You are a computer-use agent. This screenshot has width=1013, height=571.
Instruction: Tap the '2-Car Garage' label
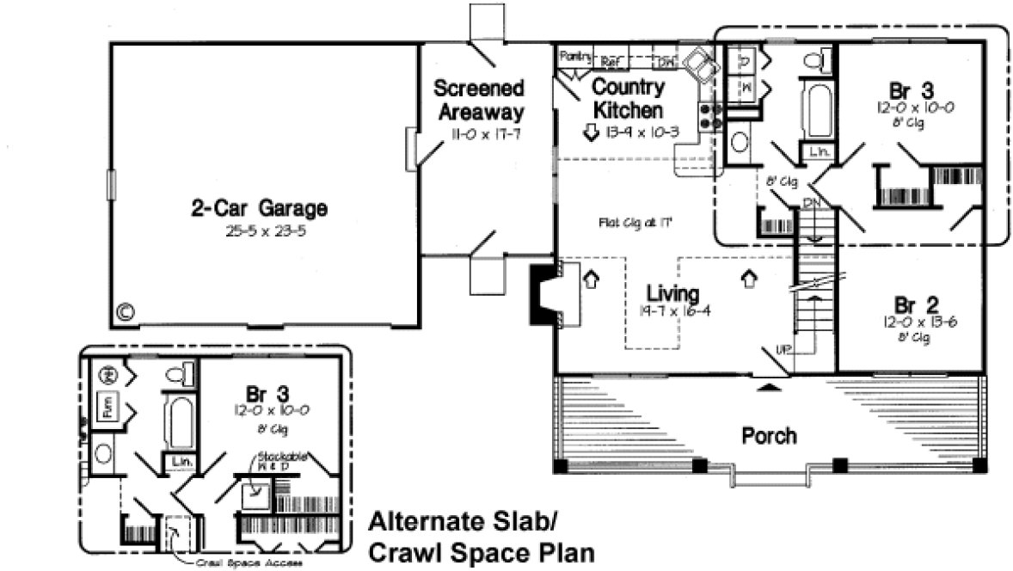click(259, 209)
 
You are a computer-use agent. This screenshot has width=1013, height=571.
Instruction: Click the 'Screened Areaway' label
click(479, 99)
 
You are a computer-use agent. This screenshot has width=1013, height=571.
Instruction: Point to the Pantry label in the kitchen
click(575, 57)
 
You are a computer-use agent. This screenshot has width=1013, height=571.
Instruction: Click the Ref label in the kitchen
click(611, 61)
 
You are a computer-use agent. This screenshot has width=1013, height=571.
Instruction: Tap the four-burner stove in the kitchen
click(710, 116)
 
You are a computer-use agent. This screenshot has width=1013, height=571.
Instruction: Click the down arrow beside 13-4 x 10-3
click(592, 132)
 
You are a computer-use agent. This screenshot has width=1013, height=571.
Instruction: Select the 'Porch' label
click(769, 435)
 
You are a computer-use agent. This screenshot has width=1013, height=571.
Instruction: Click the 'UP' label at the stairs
click(783, 348)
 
